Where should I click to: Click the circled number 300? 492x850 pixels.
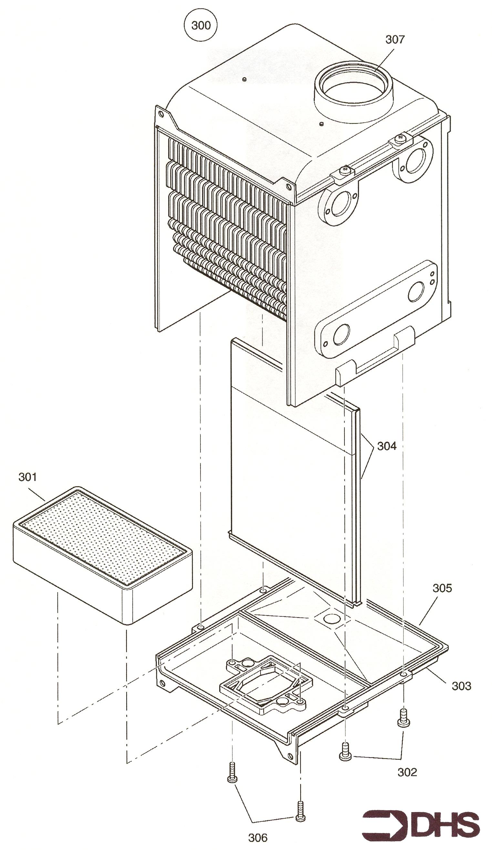201,25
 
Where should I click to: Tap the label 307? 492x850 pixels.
395,39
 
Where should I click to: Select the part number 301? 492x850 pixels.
28,477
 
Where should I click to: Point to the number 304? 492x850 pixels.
386,446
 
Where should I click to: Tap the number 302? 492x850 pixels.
407,772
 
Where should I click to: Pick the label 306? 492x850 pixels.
258,837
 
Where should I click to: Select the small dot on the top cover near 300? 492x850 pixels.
245,79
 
